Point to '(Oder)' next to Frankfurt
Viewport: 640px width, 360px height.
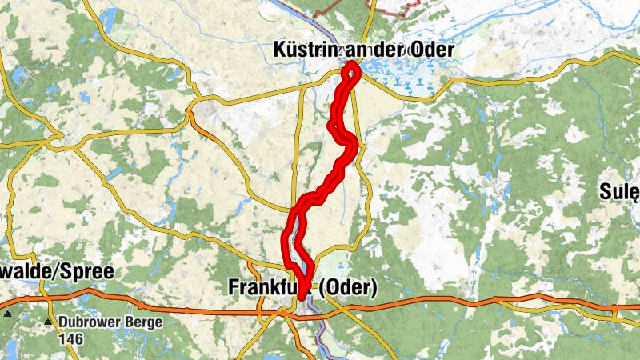pos(347,287)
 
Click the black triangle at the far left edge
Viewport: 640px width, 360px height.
pos(7,314)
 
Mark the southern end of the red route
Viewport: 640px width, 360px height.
pos(302,297)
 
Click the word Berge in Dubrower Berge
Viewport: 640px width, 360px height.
pos(144,323)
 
